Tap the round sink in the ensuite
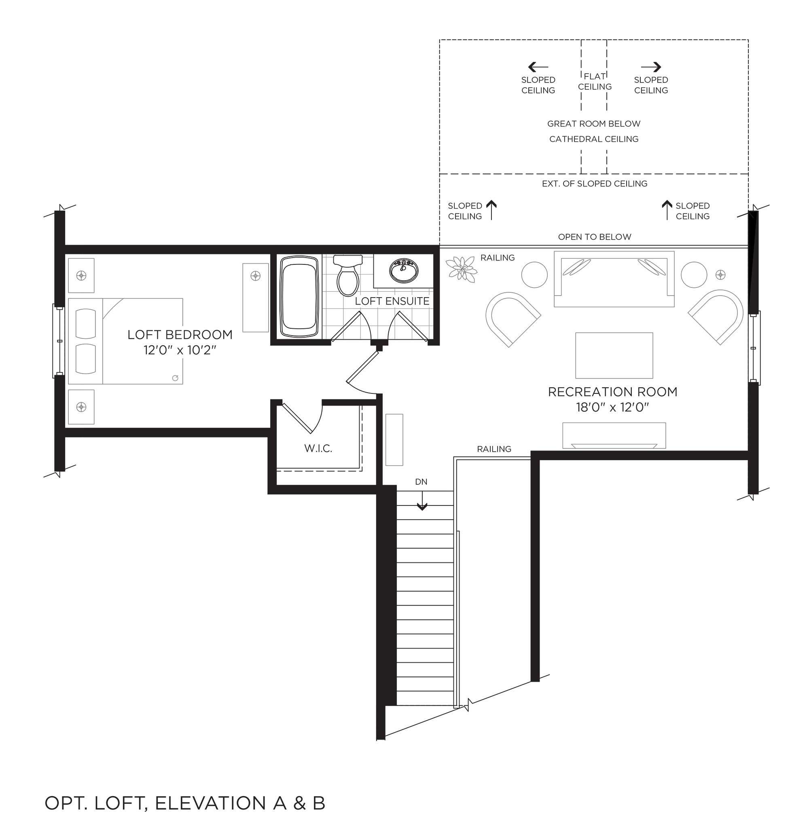[x=403, y=271]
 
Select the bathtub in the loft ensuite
[x=299, y=297]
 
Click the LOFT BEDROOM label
[x=180, y=335]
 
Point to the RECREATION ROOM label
[x=613, y=392]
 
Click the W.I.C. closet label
[x=318, y=448]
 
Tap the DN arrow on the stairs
[x=422, y=501]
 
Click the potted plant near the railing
[x=461, y=269]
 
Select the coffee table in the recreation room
[x=614, y=355]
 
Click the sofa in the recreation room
[x=614, y=279]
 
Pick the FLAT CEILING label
[x=595, y=81]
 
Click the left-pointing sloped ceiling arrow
[x=538, y=67]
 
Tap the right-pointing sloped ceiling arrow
[x=651, y=67]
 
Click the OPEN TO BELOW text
[x=595, y=237]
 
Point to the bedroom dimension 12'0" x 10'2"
[x=180, y=350]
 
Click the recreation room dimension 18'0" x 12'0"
[x=613, y=407]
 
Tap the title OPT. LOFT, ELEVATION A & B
[x=185, y=803]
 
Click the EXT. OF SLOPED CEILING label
[x=595, y=184]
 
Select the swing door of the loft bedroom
[x=362, y=366]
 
